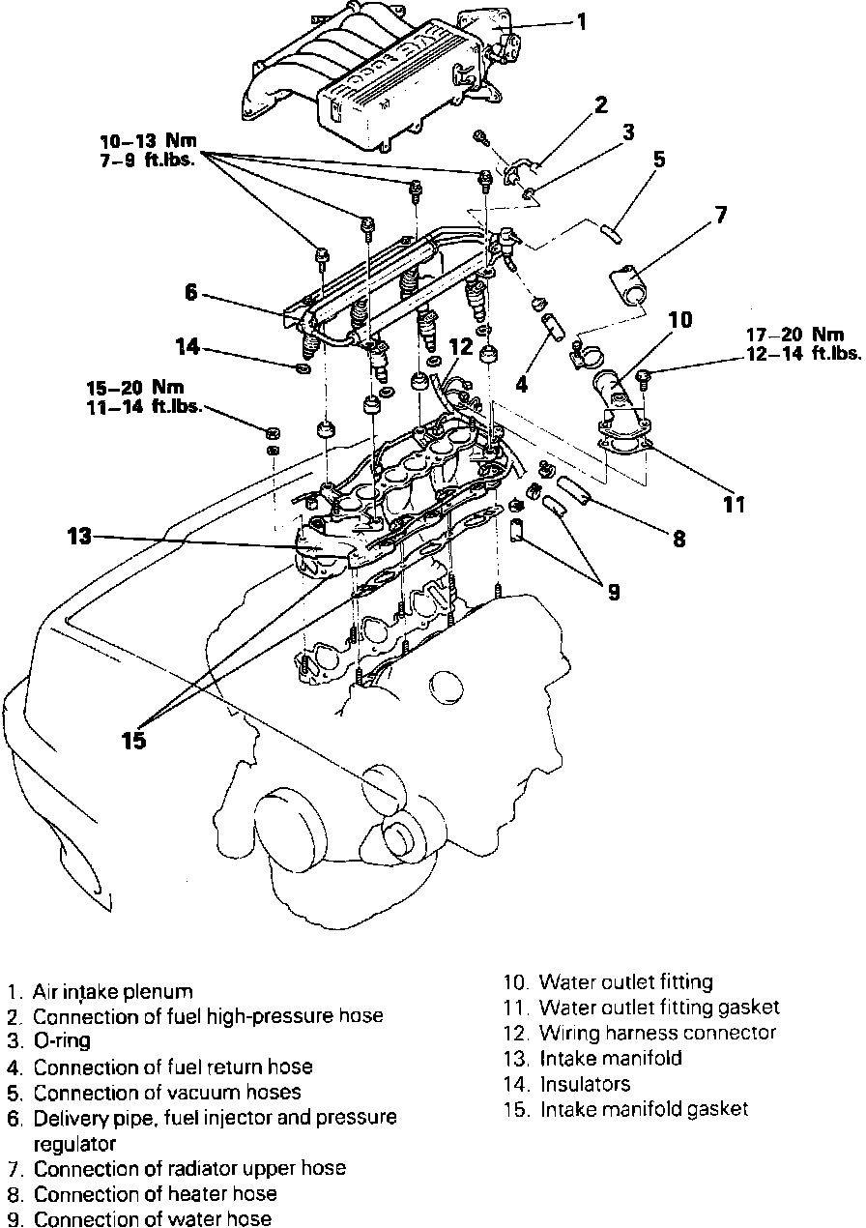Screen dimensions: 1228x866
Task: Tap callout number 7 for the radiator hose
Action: pyautogui.click(x=720, y=216)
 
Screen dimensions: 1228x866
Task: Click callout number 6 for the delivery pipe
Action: pyautogui.click(x=191, y=291)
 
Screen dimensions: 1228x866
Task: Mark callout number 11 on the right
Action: pyautogui.click(x=736, y=503)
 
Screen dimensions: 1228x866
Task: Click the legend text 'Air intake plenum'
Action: pyautogui.click(x=112, y=992)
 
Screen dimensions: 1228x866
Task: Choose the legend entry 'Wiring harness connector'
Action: pyautogui.click(x=657, y=1034)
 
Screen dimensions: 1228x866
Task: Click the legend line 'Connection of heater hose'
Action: pyautogui.click(x=155, y=1195)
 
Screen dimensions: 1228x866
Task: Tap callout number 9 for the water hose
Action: pyautogui.click(x=612, y=592)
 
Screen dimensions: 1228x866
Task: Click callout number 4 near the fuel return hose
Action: pyautogui.click(x=522, y=384)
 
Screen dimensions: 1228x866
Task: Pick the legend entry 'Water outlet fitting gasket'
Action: pyautogui.click(x=659, y=1009)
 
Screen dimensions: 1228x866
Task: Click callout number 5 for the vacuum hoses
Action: pyautogui.click(x=658, y=160)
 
